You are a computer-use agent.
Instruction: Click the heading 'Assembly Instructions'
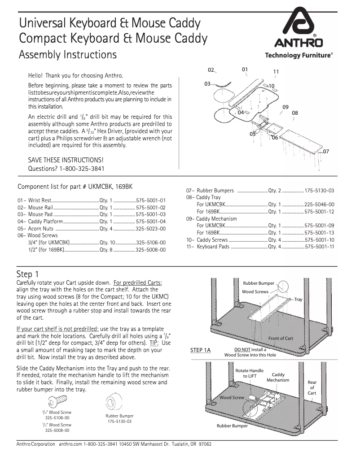pyautogui.click(x=68, y=55)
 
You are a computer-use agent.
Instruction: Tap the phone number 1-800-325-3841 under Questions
pyautogui.click(x=82, y=169)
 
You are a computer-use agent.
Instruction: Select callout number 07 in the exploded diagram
pyautogui.click(x=326, y=152)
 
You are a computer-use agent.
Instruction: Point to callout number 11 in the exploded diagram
pyautogui.click(x=276, y=72)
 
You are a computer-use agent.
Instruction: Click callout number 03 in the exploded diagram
pyautogui.click(x=207, y=84)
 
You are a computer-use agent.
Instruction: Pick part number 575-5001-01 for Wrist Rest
pyautogui.click(x=151, y=200)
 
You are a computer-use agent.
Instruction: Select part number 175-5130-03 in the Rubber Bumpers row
pyautogui.click(x=319, y=191)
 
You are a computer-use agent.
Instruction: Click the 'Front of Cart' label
pyautogui.click(x=281, y=338)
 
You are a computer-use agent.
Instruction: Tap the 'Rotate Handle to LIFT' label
pyautogui.click(x=250, y=374)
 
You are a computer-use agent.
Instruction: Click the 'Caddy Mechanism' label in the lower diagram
pyautogui.click(x=278, y=377)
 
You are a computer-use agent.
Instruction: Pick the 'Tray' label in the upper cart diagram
pyautogui.click(x=298, y=299)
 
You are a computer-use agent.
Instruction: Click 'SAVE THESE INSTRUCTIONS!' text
pyautogui.click(x=66, y=160)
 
